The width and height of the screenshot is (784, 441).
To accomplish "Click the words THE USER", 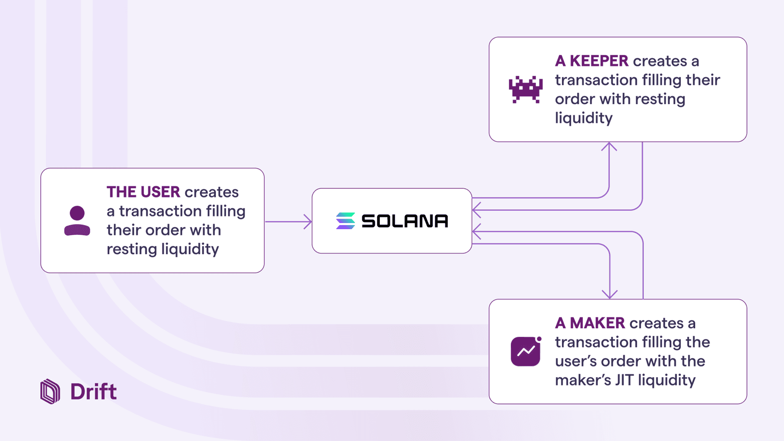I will point(143,192).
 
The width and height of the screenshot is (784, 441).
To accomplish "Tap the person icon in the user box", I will point(77,220).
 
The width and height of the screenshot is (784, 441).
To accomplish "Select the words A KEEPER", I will point(592,61).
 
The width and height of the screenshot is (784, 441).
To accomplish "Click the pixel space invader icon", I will point(525,89).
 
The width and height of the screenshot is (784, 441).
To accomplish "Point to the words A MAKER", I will point(590,323).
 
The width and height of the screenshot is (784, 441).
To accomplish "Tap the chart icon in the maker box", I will point(525,351).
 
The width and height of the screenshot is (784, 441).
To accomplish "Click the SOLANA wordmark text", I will point(405,221).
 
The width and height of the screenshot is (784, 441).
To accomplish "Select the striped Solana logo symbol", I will point(346,221).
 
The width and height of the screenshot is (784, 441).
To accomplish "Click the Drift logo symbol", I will point(50,391).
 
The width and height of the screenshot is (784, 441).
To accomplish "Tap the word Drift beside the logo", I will point(93,392).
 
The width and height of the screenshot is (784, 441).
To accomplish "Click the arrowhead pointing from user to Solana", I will point(308,222).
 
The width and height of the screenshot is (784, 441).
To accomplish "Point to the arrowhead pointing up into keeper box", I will point(609,147).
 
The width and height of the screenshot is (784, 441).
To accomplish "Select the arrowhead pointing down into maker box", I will point(609,295).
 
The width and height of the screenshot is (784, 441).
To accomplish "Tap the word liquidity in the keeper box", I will point(584,118).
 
